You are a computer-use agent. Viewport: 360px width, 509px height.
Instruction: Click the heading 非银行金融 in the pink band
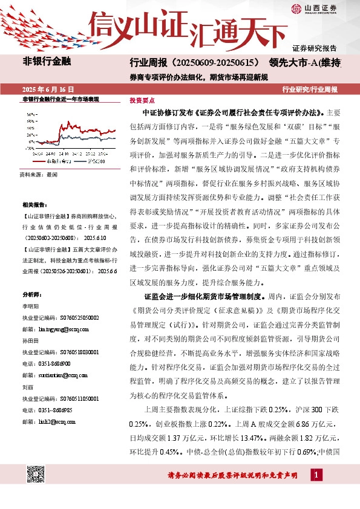pyautogui.click(x=47, y=61)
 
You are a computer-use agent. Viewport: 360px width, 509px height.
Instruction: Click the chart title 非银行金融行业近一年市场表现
pyautogui.click(x=60, y=99)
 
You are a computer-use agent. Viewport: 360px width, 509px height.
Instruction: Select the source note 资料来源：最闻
pyautogui.click(x=39, y=174)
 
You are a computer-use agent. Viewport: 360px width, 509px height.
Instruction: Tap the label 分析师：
pyautogui.click(x=31, y=295)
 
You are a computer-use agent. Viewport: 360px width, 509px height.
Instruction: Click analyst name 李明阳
pyautogui.click(x=30, y=306)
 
